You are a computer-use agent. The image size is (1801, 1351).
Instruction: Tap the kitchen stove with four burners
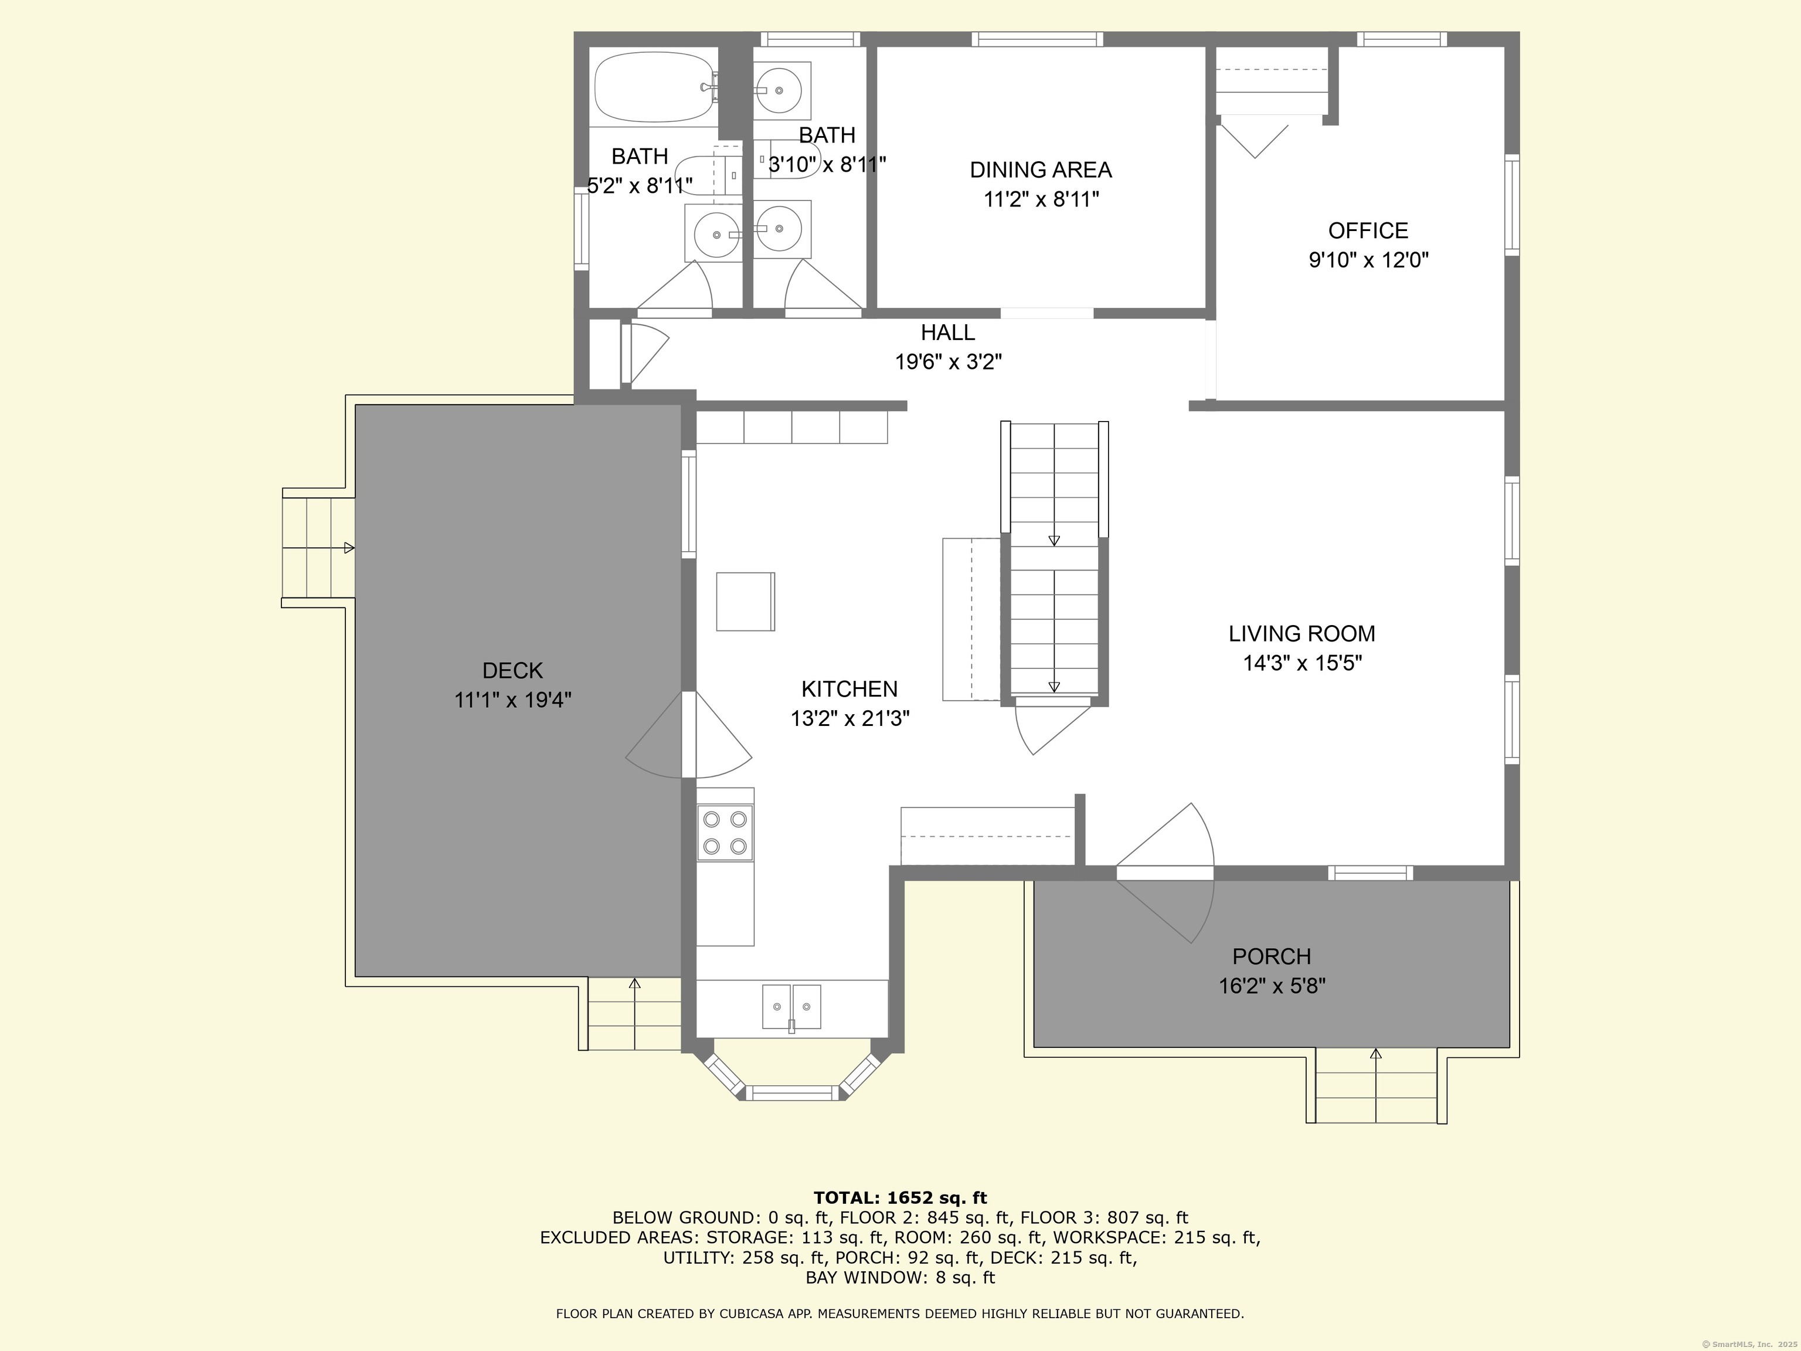725,832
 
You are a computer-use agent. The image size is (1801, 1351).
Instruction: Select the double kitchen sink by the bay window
791,1007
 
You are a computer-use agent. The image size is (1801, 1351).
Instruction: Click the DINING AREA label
1041,169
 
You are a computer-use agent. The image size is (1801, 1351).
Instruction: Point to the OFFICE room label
1368,230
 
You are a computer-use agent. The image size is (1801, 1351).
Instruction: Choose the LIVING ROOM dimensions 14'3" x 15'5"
1302,663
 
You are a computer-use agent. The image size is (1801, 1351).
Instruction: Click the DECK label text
512,670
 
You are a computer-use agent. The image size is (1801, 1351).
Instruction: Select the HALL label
948,332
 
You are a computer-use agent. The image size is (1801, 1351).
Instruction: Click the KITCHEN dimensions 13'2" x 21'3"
849,718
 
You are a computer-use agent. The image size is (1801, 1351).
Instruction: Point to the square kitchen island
745,601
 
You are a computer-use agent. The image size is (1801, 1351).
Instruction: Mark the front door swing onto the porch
1165,873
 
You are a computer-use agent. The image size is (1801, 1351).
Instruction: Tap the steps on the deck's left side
318,547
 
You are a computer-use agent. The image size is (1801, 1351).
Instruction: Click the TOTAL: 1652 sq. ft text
900,1198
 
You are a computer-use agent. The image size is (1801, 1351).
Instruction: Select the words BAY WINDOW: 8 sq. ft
900,1278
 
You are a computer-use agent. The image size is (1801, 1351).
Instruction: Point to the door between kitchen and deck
689,735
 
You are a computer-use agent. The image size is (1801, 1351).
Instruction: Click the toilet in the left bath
708,175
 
